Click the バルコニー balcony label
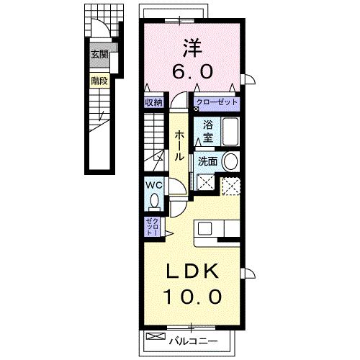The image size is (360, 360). (192, 337)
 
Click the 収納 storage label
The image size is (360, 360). (153, 102)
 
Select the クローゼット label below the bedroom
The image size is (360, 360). (217, 102)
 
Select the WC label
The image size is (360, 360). (153, 184)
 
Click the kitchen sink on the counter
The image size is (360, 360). (204, 230)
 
